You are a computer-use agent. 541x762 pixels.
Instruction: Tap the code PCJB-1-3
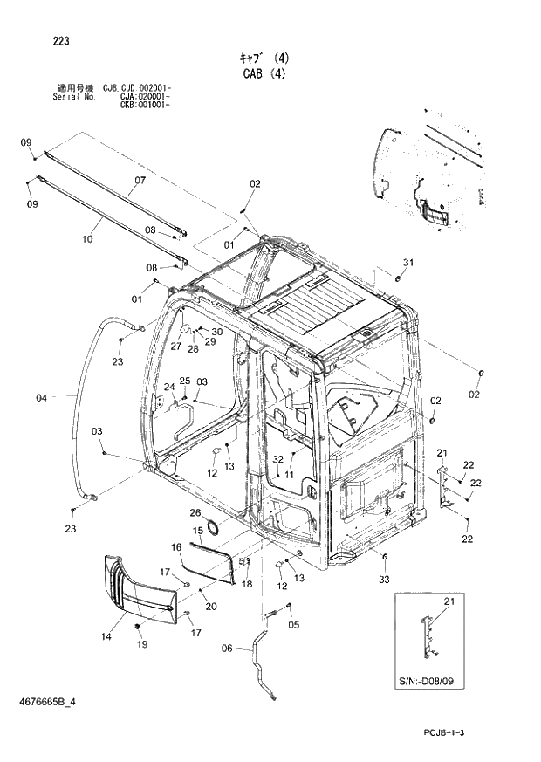pyautogui.click(x=458, y=732)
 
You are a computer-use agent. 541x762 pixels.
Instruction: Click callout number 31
pyautogui.click(x=407, y=263)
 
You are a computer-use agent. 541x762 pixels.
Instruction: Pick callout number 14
pyautogui.click(x=106, y=637)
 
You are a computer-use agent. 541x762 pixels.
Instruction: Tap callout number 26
pyautogui.click(x=195, y=512)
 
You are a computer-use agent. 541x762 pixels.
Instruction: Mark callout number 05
pyautogui.click(x=294, y=624)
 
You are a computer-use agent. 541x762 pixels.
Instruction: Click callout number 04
pyautogui.click(x=41, y=398)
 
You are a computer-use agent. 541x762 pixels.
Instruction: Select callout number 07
pyautogui.click(x=139, y=182)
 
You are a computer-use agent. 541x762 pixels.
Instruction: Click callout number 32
pyautogui.click(x=277, y=458)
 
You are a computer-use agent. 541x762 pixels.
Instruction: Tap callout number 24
pyautogui.click(x=169, y=387)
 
